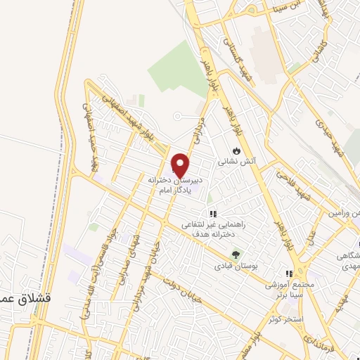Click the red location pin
click(x=181, y=165)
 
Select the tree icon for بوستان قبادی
click(x=236, y=255)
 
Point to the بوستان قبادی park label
click(x=236, y=267)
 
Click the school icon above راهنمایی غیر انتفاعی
click(x=211, y=214)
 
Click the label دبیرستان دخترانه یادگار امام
click(x=176, y=185)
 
